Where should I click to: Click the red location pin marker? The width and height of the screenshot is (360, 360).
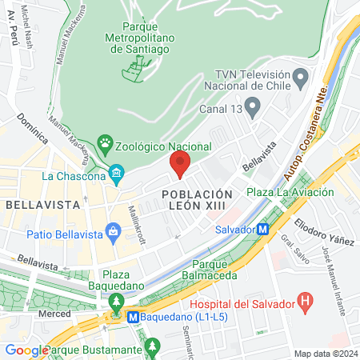click(x=179, y=165)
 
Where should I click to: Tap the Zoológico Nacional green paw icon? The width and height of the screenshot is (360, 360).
click(x=104, y=146)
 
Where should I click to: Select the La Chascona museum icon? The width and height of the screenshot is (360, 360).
click(x=117, y=174)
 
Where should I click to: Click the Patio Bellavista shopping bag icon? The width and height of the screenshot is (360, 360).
click(x=113, y=233)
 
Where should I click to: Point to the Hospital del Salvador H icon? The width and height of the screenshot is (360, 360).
click(x=303, y=302)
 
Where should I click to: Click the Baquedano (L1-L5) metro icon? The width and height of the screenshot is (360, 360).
click(x=134, y=316)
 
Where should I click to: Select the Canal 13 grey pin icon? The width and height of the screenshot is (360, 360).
click(x=253, y=105)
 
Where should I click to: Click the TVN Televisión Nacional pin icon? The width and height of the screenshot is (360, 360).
click(x=301, y=78)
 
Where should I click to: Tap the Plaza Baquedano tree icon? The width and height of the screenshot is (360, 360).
click(x=117, y=302)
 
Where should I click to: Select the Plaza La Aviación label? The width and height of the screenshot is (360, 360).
click(x=282, y=191)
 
